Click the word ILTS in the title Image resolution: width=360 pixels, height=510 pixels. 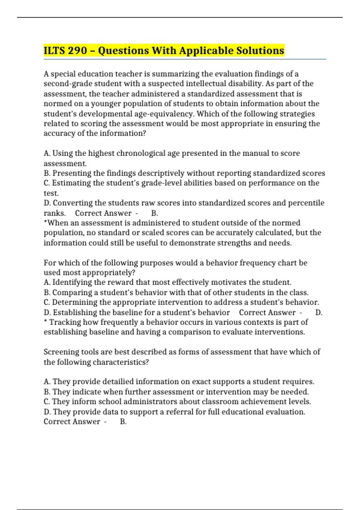click(54, 50)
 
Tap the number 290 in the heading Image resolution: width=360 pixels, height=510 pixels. click(77, 50)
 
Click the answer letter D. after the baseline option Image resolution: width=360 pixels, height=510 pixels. click(319, 313)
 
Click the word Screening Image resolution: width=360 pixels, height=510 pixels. click(61, 352)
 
